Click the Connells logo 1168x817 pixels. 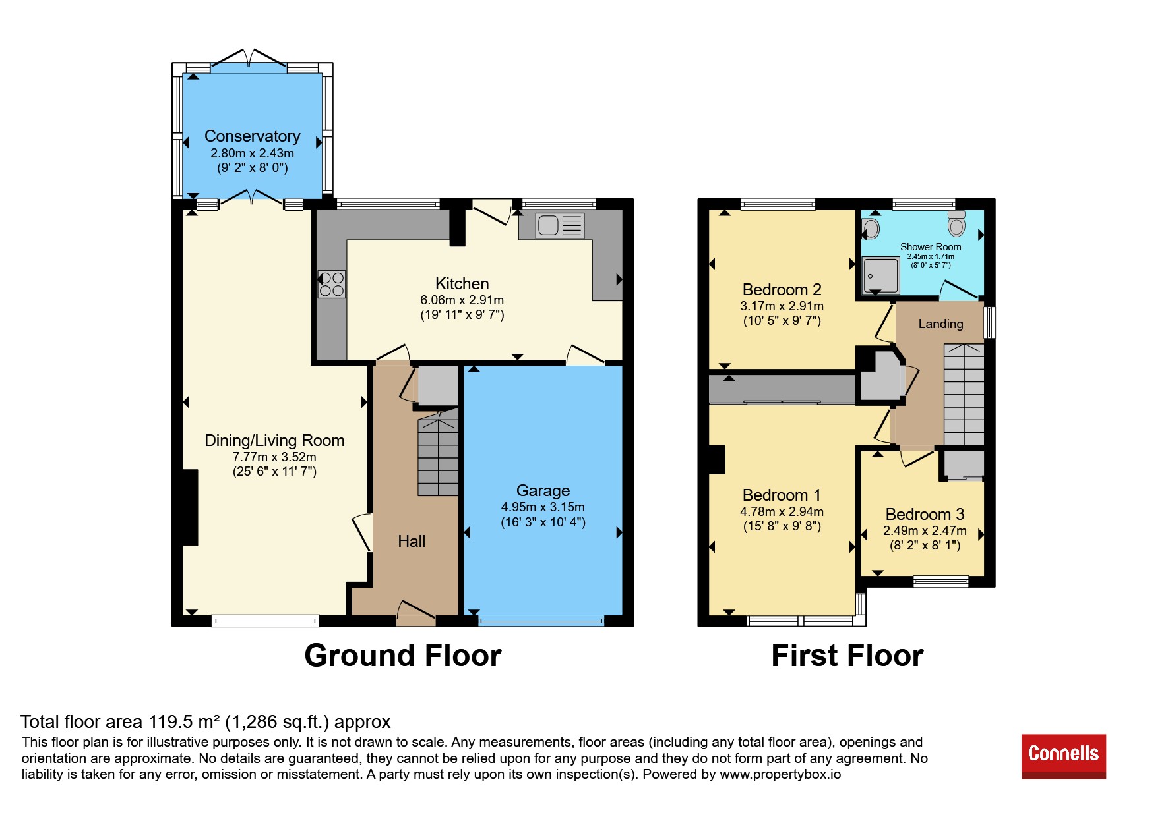pyautogui.click(x=1063, y=756)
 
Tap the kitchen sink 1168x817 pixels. pyautogui.click(x=560, y=225)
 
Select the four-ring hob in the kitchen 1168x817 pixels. pyautogui.click(x=331, y=285)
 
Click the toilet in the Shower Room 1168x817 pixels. pyautogui.click(x=956, y=223)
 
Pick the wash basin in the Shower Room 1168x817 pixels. pyautogui.click(x=871, y=229)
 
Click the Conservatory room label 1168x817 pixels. pyautogui.click(x=253, y=136)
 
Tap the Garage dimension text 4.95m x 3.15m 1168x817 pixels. pyautogui.click(x=543, y=507)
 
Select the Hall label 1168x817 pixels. pyautogui.click(x=412, y=541)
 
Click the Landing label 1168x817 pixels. pyautogui.click(x=940, y=324)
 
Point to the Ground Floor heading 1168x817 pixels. pyautogui.click(x=403, y=656)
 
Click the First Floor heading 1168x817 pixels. pyautogui.click(x=847, y=656)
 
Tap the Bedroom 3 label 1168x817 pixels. pyautogui.click(x=925, y=514)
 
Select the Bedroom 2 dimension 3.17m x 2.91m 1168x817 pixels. pyautogui.click(x=782, y=306)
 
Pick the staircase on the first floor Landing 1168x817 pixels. pyautogui.click(x=964, y=394)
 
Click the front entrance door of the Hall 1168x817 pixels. pyautogui.click(x=416, y=613)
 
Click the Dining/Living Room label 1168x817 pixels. pyautogui.click(x=274, y=440)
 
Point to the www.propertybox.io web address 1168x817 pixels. pyautogui.click(x=780, y=774)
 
